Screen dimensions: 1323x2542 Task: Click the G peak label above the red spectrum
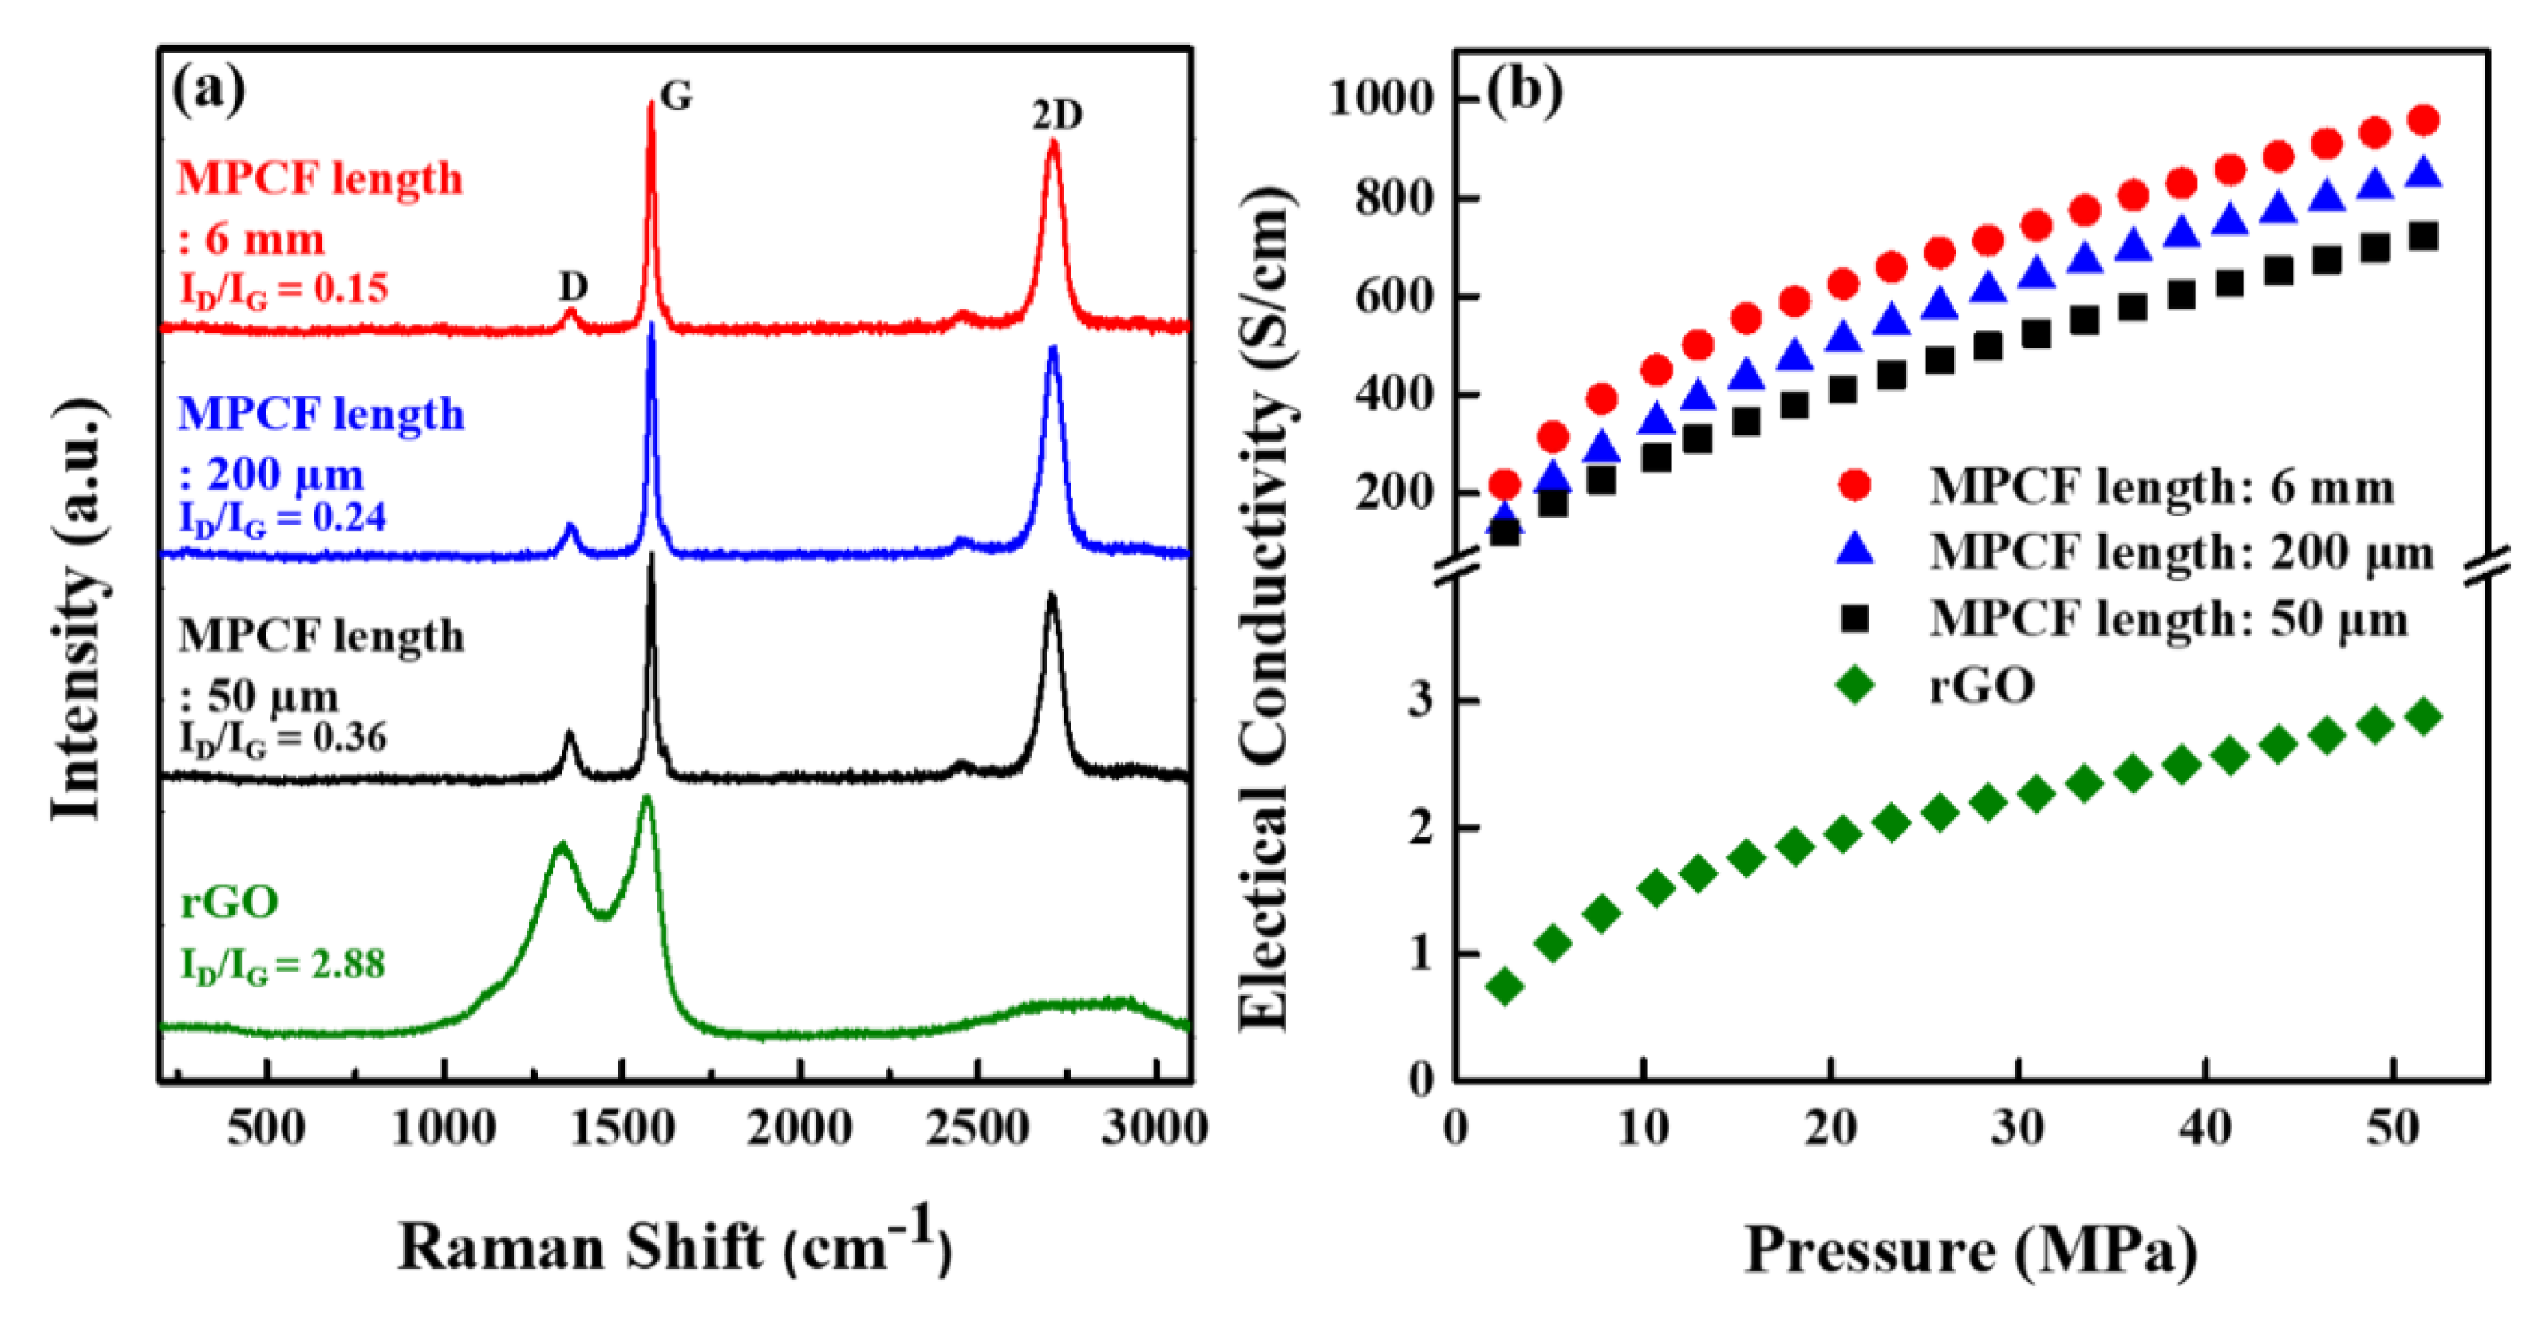pos(676,96)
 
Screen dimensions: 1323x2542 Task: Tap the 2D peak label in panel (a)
pos(1057,116)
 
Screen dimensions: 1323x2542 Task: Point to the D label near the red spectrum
pos(574,286)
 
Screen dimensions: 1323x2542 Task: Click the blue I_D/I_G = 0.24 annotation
pos(282,518)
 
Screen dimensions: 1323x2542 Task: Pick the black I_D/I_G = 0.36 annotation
pos(282,738)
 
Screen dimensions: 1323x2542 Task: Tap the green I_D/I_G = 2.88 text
pos(282,965)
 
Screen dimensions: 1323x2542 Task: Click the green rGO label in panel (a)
pos(229,901)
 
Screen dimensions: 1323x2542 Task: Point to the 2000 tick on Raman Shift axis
pos(799,1127)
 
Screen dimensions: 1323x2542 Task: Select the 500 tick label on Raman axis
pos(266,1127)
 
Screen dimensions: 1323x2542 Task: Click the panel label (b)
pos(1524,91)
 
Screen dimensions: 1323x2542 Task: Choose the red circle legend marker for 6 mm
pos(1854,486)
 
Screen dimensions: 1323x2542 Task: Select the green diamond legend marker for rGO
pos(1854,683)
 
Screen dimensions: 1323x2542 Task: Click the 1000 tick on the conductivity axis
pos(1380,99)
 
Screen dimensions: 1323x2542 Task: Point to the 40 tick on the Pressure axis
pos(2205,1127)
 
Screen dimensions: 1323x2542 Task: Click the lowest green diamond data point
pos(1505,985)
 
